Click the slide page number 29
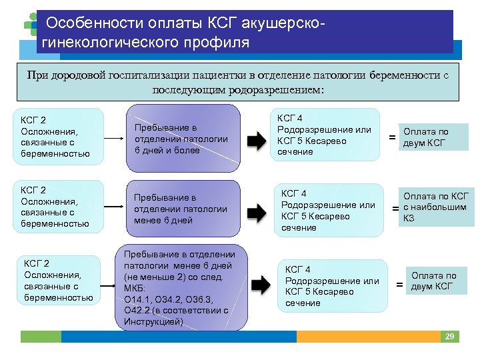pos(450,337)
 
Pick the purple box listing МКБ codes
pos(180,287)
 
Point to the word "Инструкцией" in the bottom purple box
pos(153,321)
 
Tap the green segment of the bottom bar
pos(41,337)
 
